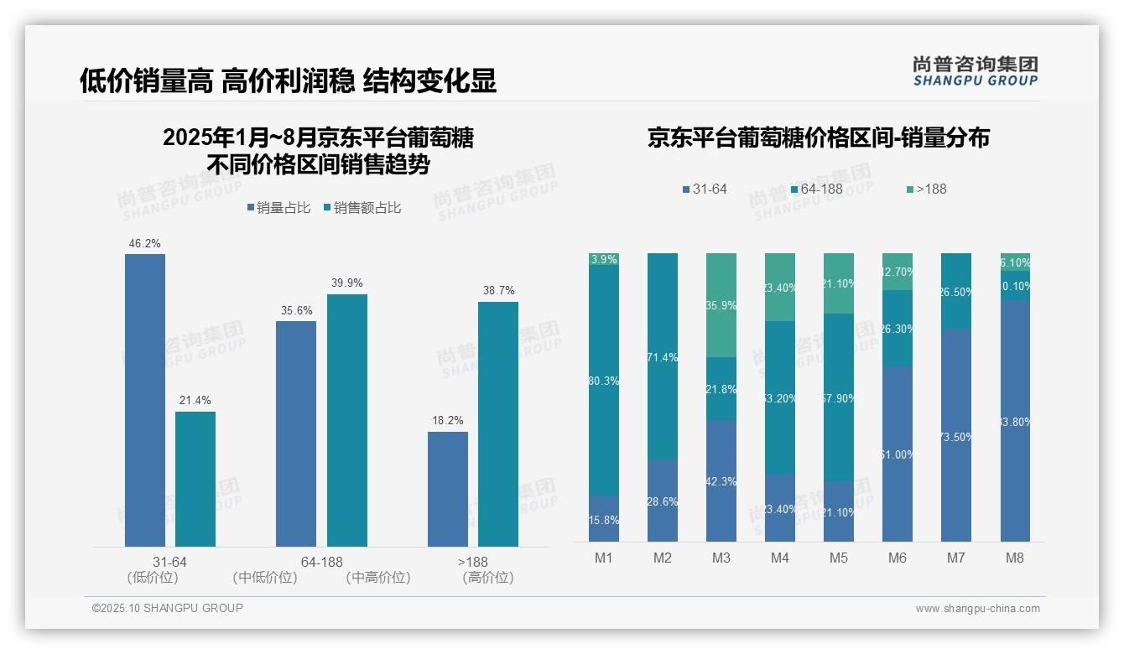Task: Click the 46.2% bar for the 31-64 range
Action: pyautogui.click(x=145, y=400)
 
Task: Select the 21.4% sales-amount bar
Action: pyautogui.click(x=195, y=479)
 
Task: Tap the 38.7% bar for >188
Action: pyautogui.click(x=498, y=424)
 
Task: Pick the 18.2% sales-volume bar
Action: pyautogui.click(x=448, y=489)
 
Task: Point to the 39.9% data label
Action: pyautogui.click(x=347, y=283)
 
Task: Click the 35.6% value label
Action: pyautogui.click(x=296, y=311)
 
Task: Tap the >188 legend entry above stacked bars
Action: pyautogui.click(x=926, y=189)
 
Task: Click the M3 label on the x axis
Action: pyautogui.click(x=721, y=558)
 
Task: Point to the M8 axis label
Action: pyautogui.click(x=1015, y=558)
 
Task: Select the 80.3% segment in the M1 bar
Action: pyautogui.click(x=604, y=381)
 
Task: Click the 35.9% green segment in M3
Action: pyautogui.click(x=721, y=305)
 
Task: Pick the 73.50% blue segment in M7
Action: pyautogui.click(x=956, y=435)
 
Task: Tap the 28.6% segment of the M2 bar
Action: pyautogui.click(x=663, y=501)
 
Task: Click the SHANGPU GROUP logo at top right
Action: pyautogui.click(x=976, y=71)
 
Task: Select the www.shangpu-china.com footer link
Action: pyautogui.click(x=977, y=609)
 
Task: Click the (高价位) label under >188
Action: pyautogui.click(x=487, y=578)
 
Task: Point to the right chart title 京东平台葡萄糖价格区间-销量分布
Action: pyautogui.click(x=818, y=138)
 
